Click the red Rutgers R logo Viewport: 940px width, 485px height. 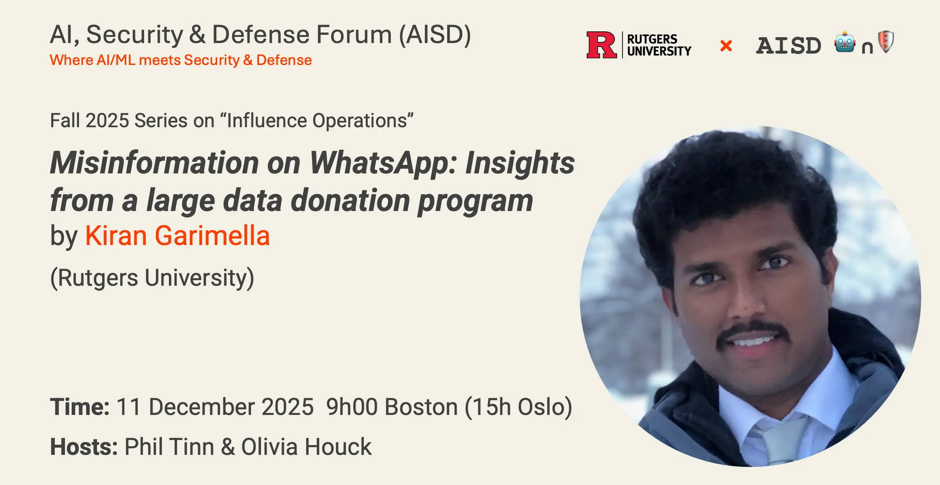click(x=602, y=45)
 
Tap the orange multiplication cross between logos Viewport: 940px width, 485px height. click(x=726, y=46)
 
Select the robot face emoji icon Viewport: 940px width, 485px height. click(x=845, y=42)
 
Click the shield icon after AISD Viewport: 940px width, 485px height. click(x=886, y=41)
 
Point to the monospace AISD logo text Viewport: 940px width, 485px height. click(x=788, y=46)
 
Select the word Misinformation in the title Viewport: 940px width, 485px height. click(x=154, y=162)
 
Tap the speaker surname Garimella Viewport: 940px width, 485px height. click(x=212, y=236)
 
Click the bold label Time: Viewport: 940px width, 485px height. click(x=80, y=407)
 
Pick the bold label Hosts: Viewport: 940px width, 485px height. click(x=84, y=447)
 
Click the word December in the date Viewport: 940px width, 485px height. click(x=201, y=407)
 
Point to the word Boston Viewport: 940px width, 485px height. click(x=421, y=407)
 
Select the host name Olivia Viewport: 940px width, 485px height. click(x=269, y=447)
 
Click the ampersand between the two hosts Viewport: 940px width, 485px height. click(x=228, y=447)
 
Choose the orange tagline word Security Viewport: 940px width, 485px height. click(x=211, y=60)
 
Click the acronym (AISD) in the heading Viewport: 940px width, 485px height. click(x=435, y=34)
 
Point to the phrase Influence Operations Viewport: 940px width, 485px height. click(x=316, y=121)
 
